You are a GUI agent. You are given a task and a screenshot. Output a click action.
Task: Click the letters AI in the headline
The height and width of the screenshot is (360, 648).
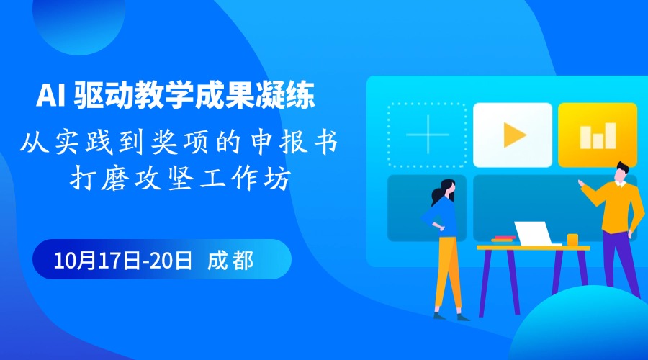click(x=50, y=95)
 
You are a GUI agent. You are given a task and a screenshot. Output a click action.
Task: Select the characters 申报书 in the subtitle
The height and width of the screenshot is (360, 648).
click(x=295, y=142)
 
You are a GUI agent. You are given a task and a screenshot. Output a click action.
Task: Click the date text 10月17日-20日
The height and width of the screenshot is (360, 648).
click(x=123, y=261)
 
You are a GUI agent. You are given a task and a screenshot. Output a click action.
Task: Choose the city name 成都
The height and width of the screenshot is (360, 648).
click(x=230, y=261)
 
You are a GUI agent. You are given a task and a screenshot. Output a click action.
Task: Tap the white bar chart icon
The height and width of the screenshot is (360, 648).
click(x=598, y=135)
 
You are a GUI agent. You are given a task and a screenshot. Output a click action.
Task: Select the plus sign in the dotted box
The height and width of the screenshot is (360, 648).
click(x=427, y=135)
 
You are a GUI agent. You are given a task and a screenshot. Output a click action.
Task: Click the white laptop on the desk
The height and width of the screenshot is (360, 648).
click(x=534, y=234)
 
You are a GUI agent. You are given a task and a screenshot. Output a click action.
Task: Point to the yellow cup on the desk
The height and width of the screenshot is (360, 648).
click(x=572, y=240)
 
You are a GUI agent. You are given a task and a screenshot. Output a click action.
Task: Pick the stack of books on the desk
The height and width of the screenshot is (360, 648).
click(x=503, y=239)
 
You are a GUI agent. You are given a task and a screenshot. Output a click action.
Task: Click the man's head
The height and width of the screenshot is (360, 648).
click(x=621, y=172)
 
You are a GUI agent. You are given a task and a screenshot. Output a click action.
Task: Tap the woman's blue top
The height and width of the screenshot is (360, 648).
click(x=442, y=217)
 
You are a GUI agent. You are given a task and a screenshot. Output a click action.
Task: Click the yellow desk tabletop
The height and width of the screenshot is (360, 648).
click(x=533, y=248)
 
